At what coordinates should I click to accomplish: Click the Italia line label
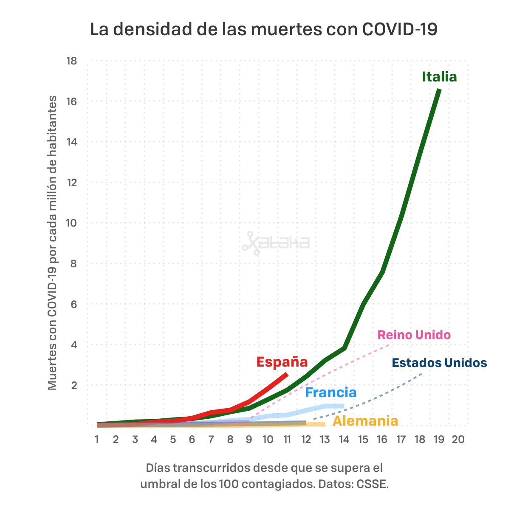(x=439, y=77)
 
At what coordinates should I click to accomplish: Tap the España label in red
(x=282, y=362)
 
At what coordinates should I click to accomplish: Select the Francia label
(x=331, y=392)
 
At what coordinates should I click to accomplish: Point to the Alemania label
(x=365, y=421)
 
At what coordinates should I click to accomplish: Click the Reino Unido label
(x=414, y=335)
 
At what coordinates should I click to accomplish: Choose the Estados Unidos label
(x=439, y=363)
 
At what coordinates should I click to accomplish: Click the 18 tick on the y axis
(x=71, y=61)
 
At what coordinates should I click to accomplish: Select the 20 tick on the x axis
(x=458, y=440)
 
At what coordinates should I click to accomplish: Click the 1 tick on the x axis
(x=97, y=440)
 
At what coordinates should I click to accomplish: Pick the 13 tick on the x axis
(x=325, y=440)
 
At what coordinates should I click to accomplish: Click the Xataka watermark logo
(x=276, y=243)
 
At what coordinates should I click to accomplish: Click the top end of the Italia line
(x=439, y=90)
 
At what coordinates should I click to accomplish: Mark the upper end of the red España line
(x=287, y=374)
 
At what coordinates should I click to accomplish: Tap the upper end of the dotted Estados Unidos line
(x=421, y=373)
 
